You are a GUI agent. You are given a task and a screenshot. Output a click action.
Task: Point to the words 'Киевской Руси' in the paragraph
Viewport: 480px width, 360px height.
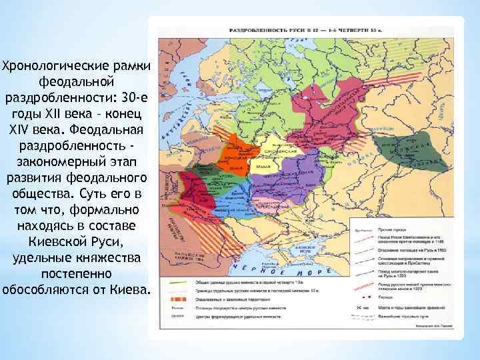(77, 241)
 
